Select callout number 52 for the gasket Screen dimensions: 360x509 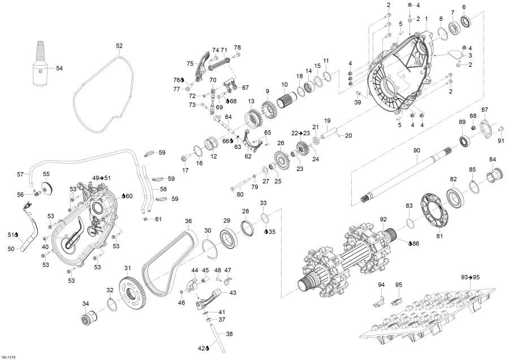[x=119, y=45]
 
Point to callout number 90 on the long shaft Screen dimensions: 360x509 [x=417, y=150]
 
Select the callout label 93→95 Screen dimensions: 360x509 [x=470, y=277]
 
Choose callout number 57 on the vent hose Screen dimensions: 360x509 [x=20, y=174]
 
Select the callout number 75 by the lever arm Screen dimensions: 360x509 [x=190, y=63]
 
